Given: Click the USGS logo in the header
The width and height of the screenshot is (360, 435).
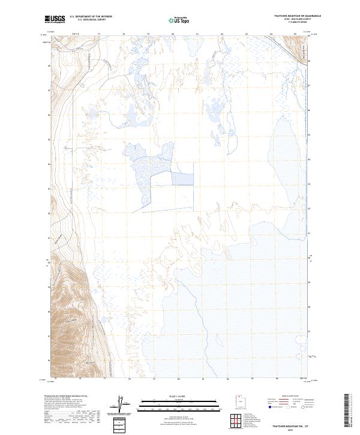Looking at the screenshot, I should coord(55,19).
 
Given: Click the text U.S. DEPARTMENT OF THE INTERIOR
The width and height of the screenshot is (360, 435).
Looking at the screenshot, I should coord(91,17).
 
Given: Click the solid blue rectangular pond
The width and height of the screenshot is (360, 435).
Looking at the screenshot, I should coord(184,178).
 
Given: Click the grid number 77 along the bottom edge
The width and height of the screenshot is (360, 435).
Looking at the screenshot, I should coord(105,379).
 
